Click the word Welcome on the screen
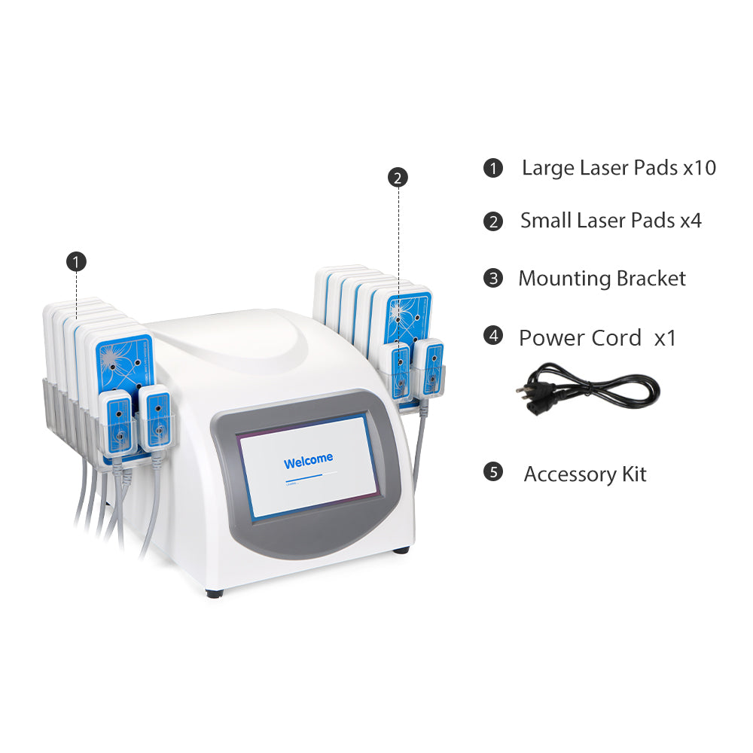pyautogui.click(x=308, y=461)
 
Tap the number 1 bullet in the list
pyautogui.click(x=492, y=167)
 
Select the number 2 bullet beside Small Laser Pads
pyautogui.click(x=492, y=221)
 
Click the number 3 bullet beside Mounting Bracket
pyautogui.click(x=492, y=279)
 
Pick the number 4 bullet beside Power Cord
pyautogui.click(x=492, y=336)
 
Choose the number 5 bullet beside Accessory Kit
pyautogui.click(x=492, y=473)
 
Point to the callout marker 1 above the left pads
pyautogui.click(x=76, y=261)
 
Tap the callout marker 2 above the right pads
pyautogui.click(x=398, y=178)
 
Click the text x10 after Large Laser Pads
pyautogui.click(x=699, y=167)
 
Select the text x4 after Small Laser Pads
pyautogui.click(x=691, y=221)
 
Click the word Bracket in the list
pyautogui.click(x=651, y=279)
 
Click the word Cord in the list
pyautogui.click(x=611, y=337)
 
